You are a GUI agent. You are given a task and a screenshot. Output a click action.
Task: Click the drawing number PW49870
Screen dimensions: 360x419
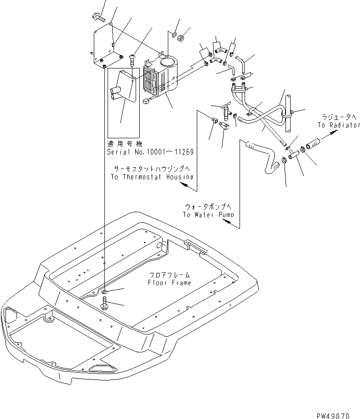333,416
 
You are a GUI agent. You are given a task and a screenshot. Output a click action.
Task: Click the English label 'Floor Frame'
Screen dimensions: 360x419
170,283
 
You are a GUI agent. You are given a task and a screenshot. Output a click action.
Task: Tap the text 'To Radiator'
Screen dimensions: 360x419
339,125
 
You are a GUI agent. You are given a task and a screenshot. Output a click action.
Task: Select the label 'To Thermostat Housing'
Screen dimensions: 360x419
152,177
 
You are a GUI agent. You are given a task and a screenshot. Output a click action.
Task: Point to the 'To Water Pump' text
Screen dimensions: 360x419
208,215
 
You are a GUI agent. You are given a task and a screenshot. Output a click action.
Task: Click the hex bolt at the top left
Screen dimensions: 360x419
98,17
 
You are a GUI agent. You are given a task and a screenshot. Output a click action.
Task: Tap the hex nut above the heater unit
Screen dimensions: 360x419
181,38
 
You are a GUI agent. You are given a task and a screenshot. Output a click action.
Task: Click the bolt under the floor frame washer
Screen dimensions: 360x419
104,303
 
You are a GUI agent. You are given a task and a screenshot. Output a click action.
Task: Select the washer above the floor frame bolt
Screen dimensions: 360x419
104,291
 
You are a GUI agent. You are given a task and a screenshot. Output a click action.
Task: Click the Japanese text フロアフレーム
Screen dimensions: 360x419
170,275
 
